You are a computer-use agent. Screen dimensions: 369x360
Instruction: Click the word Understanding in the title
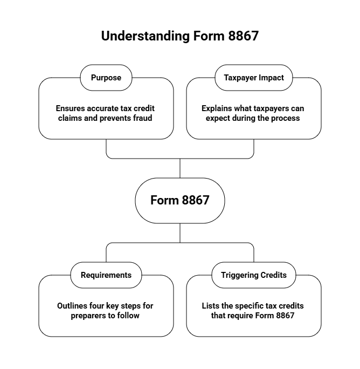[x=145, y=36]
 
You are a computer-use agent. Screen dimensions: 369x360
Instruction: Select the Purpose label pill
[x=106, y=78]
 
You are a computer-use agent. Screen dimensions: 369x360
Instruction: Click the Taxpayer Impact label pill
[x=254, y=78]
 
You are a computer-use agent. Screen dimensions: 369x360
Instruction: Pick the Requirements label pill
[x=106, y=275]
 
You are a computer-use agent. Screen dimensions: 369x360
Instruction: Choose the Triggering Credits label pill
[x=254, y=275]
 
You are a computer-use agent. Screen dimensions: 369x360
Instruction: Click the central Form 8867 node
[x=180, y=200]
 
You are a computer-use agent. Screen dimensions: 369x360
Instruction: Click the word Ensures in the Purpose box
[x=71, y=108]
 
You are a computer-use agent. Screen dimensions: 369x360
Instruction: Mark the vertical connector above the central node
[x=180, y=168]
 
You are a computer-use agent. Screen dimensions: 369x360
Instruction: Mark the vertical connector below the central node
[x=180, y=233]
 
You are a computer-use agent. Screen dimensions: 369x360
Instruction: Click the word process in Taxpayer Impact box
[x=286, y=118]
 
